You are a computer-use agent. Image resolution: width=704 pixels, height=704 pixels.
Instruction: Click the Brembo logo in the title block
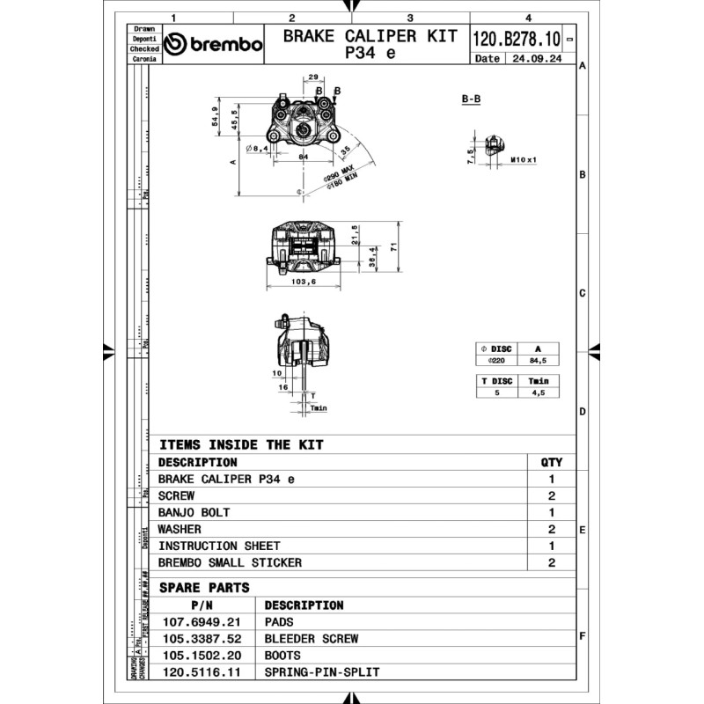point(213,45)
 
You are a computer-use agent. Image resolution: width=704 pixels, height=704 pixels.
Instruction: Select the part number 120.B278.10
point(517,40)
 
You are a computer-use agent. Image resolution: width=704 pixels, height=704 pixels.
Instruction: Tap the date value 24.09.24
point(533,59)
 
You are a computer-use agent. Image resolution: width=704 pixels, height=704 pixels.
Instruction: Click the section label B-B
point(471,99)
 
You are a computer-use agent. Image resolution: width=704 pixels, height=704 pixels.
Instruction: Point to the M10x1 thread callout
point(524,160)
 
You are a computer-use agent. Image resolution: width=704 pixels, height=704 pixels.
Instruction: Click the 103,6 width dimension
point(304,281)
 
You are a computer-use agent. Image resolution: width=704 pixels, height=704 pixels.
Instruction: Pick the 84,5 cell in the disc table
point(537,360)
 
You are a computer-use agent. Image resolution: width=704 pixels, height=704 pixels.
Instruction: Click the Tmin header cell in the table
point(537,381)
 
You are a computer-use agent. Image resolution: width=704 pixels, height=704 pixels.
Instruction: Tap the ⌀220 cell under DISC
point(494,360)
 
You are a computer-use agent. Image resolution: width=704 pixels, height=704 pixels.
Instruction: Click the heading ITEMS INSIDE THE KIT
point(240,445)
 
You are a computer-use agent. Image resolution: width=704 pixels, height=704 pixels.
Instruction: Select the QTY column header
point(551,462)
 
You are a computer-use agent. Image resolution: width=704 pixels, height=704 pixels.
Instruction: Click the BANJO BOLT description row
point(194,512)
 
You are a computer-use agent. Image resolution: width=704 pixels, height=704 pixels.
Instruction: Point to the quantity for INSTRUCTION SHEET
point(551,546)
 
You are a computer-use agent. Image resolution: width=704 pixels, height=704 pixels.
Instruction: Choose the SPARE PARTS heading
point(204,588)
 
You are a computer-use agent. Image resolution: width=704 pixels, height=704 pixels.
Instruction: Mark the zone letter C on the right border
point(582,293)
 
